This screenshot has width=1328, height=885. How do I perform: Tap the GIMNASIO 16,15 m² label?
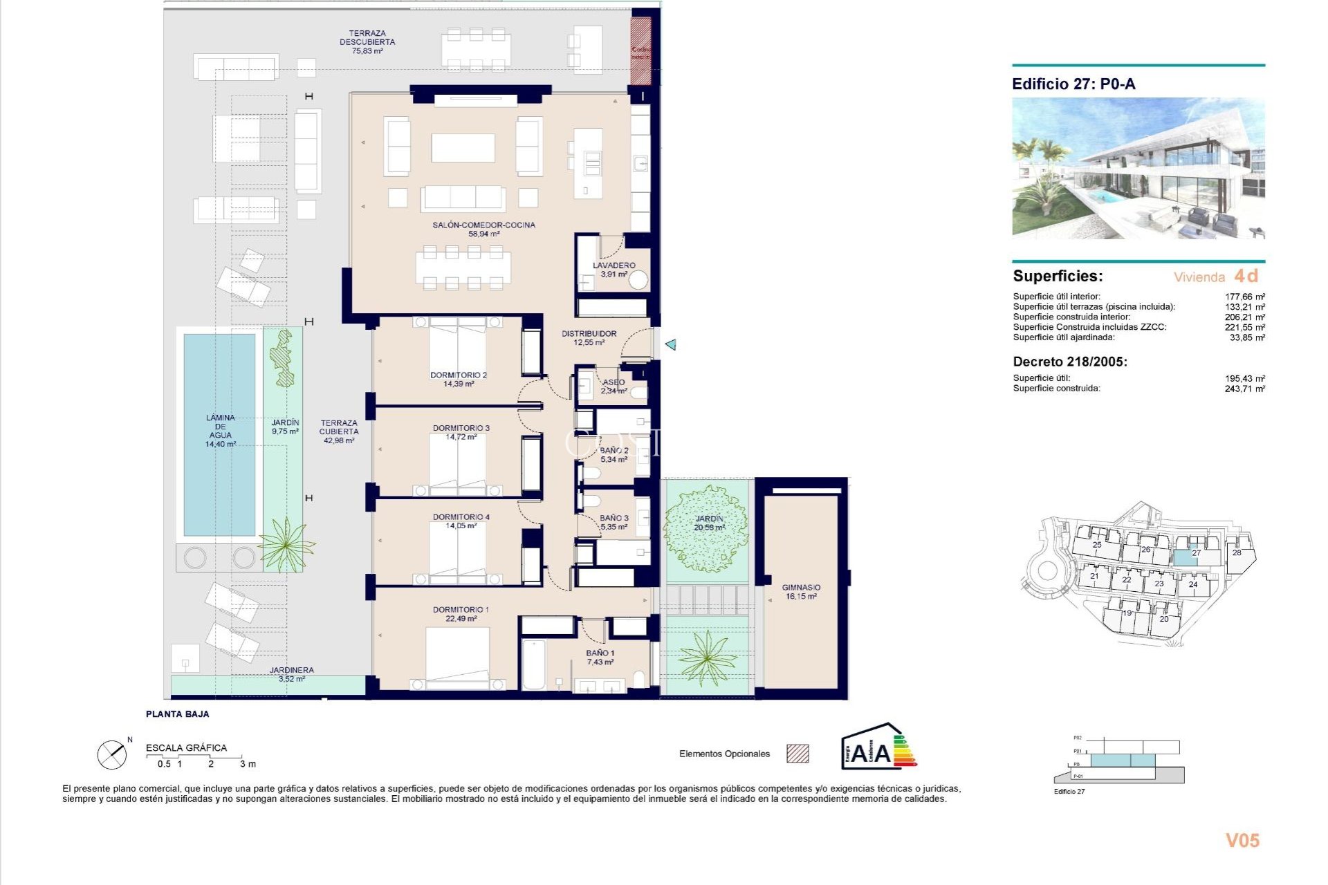click(801, 592)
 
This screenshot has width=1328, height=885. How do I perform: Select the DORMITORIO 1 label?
click(461, 614)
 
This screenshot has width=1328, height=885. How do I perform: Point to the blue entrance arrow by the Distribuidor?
click(670, 344)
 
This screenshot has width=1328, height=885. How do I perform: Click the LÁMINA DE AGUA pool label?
click(220, 431)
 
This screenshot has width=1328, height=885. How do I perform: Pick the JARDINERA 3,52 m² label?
click(291, 674)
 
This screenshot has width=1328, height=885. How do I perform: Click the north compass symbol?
click(112, 755)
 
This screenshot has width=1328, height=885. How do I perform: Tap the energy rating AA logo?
click(878, 747)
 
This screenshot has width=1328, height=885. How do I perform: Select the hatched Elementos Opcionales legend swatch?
click(797, 754)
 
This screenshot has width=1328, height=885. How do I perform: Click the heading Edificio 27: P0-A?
click(1073, 84)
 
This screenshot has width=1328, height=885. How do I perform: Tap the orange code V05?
click(1242, 841)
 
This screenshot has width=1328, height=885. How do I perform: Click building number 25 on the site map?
click(1097, 545)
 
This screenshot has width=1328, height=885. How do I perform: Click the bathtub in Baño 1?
click(533, 664)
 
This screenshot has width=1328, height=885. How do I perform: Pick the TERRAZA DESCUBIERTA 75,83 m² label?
click(367, 42)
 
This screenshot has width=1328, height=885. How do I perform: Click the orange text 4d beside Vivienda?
click(1246, 276)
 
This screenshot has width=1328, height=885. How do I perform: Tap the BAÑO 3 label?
click(614, 522)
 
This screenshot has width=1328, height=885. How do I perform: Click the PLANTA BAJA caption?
click(177, 714)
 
